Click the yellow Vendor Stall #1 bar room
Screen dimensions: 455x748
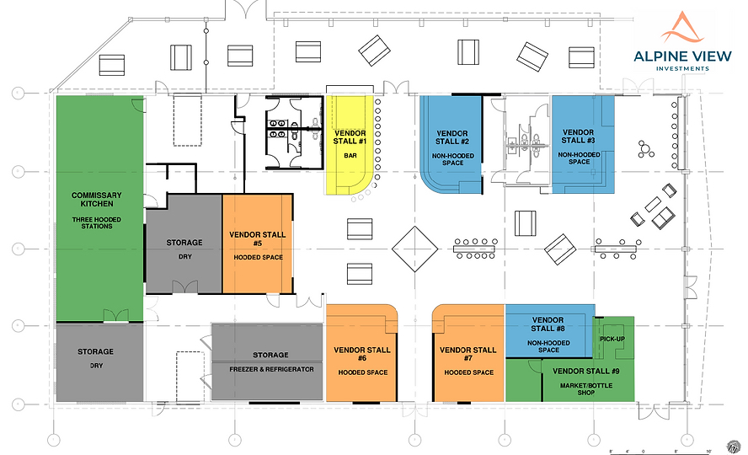(x=349, y=143)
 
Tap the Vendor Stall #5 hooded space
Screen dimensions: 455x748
(x=257, y=244)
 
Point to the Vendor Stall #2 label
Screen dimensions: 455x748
(x=452, y=137)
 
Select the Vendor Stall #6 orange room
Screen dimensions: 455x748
(x=361, y=354)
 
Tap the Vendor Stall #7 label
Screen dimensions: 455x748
(x=467, y=355)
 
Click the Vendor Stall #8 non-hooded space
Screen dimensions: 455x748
(x=548, y=335)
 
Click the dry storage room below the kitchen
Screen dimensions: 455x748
(x=96, y=362)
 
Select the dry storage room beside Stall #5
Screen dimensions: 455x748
(x=184, y=244)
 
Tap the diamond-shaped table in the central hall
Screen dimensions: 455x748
(x=416, y=249)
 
